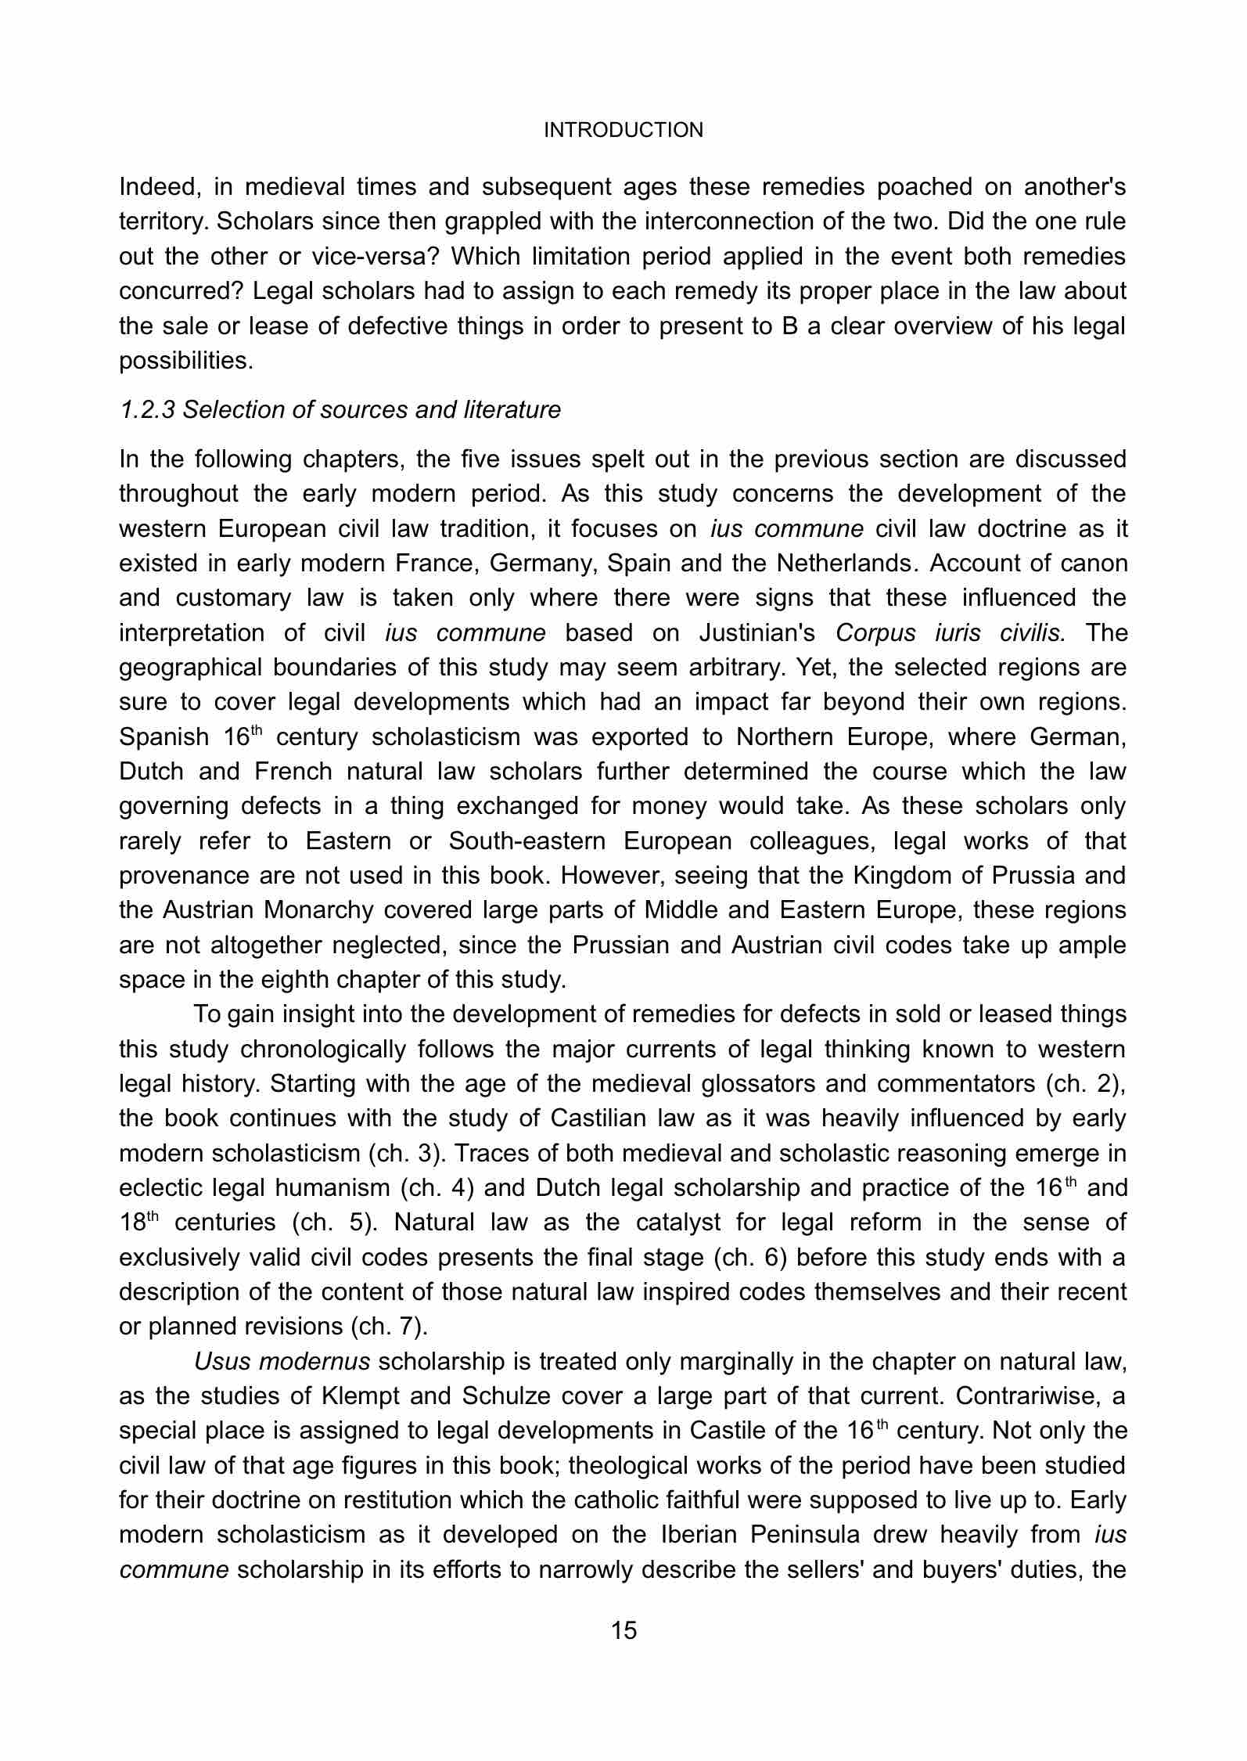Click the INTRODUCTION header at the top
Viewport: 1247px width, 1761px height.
tap(623, 130)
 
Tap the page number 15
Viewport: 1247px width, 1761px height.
tap(623, 1630)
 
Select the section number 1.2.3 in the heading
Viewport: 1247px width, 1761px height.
tap(148, 409)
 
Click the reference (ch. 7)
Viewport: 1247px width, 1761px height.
tap(386, 1327)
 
